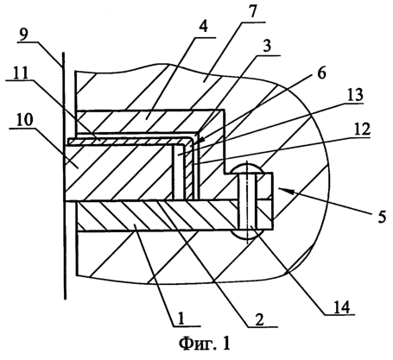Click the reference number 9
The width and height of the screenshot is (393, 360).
[x=25, y=35]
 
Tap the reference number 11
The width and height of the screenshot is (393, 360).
[x=19, y=73]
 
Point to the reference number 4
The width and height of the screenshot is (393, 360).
[x=204, y=28]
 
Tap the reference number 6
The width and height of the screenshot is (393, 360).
[x=321, y=73]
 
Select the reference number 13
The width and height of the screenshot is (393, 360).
[x=354, y=95]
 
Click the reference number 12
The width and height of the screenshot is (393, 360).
[x=361, y=129]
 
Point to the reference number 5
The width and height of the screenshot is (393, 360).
[x=382, y=216]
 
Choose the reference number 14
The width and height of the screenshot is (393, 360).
[x=341, y=307]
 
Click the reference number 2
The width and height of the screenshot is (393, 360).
[x=259, y=319]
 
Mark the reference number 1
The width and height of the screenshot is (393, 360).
[x=181, y=319]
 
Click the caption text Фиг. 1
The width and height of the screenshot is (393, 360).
[x=205, y=344]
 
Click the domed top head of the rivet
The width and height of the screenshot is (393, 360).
[x=247, y=167]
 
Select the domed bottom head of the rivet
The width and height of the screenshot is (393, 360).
[x=247, y=234]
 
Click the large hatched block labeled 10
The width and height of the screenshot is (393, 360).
[x=119, y=172]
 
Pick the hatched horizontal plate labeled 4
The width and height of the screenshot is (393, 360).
[x=149, y=121]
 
